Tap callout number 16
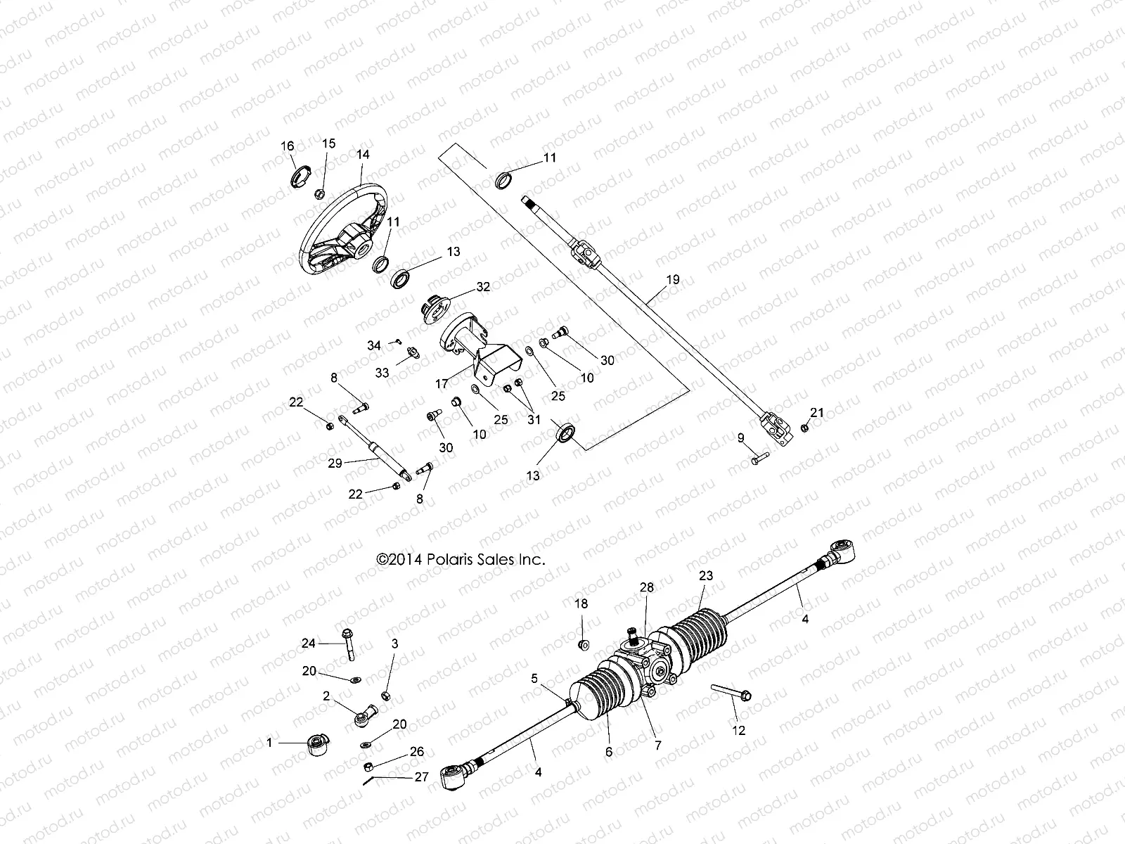[288, 146]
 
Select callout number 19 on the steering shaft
[673, 279]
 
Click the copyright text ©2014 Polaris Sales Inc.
[461, 560]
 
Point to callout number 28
[647, 587]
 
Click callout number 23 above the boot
[706, 575]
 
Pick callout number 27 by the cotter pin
[421, 777]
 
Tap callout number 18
[581, 603]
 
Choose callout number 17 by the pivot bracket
[442, 384]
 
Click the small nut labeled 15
[319, 193]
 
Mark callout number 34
[374, 345]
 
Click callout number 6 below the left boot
[609, 752]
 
